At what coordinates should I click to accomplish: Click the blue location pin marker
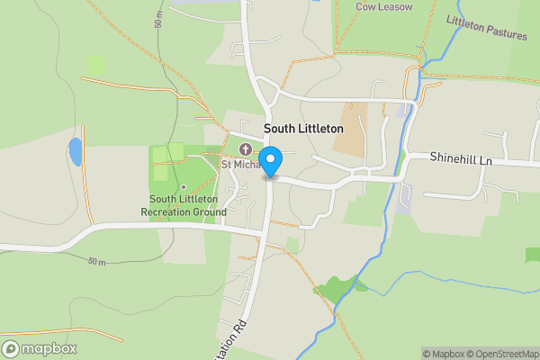coord(271,159)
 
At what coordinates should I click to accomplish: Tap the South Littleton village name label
coord(303,130)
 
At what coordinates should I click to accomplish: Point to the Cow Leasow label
coord(383,7)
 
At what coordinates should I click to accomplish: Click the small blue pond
coord(75,152)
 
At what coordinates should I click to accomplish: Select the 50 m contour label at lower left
coord(96,262)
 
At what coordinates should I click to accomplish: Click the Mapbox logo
coord(39,348)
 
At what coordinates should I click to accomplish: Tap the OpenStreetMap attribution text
coord(501,354)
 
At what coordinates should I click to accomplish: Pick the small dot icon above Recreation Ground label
coord(183,187)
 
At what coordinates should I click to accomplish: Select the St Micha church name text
coord(240,165)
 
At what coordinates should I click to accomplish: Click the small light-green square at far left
coord(95,65)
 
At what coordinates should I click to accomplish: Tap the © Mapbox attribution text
coord(444,354)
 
